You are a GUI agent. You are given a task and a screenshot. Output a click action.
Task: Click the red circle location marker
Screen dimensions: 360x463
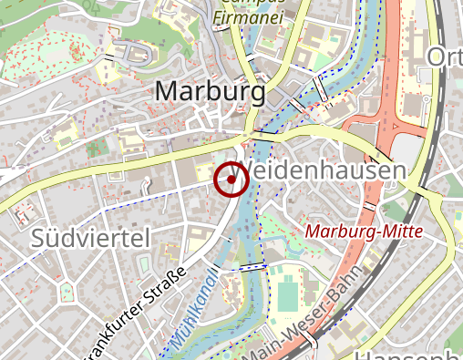(x=231, y=179)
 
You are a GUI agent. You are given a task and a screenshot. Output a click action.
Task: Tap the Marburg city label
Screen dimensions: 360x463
(x=210, y=92)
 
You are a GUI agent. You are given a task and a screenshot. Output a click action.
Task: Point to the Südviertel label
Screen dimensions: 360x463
(x=89, y=240)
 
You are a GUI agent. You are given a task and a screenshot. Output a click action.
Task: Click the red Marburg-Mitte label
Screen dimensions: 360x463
(x=365, y=231)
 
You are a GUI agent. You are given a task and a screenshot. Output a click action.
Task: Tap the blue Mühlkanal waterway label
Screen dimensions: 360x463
(x=194, y=311)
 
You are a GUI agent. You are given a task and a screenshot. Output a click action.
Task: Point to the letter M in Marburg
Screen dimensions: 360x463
(x=169, y=92)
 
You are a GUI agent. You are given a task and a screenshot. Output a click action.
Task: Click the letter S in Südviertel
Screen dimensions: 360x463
(x=39, y=240)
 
